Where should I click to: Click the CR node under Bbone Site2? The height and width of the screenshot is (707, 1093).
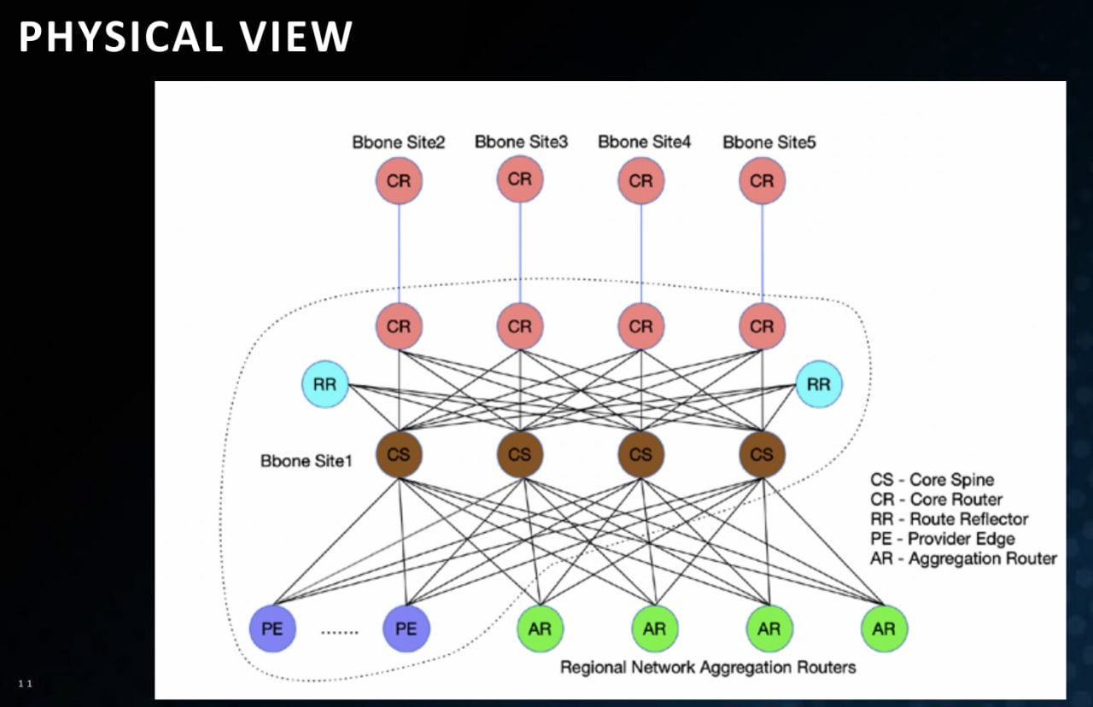399,180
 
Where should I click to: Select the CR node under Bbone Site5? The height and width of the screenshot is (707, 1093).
762,180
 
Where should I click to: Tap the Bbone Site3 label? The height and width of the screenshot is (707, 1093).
521,142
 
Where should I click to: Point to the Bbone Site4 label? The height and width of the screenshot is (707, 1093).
644,142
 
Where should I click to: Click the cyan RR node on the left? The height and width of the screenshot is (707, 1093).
325,384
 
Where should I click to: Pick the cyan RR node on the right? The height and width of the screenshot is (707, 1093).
818,384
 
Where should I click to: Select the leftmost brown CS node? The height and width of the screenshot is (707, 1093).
399,454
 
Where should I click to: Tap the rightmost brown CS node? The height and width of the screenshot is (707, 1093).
762,454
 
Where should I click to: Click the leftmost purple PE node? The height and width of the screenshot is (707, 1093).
272,628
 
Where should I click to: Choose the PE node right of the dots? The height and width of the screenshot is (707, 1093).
406,628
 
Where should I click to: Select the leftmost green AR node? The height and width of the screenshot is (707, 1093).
540,628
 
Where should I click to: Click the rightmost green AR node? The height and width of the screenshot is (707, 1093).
884,628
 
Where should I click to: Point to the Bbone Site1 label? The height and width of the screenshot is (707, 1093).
306,460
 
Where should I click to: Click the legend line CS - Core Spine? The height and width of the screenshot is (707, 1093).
932,480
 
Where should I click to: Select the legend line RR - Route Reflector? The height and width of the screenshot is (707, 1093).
949,518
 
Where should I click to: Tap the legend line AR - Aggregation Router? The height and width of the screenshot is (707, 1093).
964,558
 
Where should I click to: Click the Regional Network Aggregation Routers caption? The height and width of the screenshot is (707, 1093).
708,667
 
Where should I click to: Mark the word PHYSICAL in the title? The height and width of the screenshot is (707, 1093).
121,37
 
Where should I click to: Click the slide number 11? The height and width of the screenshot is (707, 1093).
25,684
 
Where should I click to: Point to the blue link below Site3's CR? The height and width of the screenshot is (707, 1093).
520,252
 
